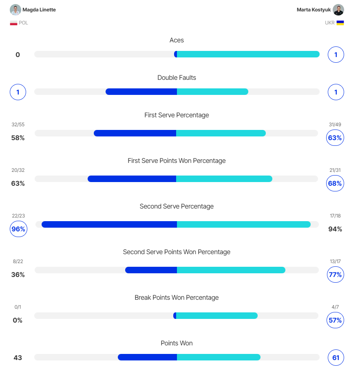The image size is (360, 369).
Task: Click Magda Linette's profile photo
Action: pyautogui.click(x=15, y=10)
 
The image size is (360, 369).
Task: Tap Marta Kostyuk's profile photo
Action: pyautogui.click(x=338, y=10)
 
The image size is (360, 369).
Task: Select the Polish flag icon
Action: pyautogui.click(x=13, y=23)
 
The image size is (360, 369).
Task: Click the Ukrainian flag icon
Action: pyautogui.click(x=340, y=23)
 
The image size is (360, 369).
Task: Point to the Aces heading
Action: pyautogui.click(x=177, y=40)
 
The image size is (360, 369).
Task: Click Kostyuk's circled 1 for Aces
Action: pyautogui.click(x=336, y=55)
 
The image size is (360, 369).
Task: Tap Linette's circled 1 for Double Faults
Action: pyautogui.click(x=18, y=92)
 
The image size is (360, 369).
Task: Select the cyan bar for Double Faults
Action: pyautogui.click(x=212, y=92)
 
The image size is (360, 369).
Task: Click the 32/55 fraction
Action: pyautogui.click(x=18, y=125)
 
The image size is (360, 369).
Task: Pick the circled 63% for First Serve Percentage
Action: pyautogui.click(x=335, y=138)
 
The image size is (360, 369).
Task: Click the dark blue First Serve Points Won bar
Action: pyautogui.click(x=132, y=179)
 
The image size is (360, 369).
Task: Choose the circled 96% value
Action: pyautogui.click(x=18, y=229)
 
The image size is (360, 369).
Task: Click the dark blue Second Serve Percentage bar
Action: pyautogui.click(x=109, y=224)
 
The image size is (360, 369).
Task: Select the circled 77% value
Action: pyautogui.click(x=335, y=275)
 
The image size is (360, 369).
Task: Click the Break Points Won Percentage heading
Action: pyautogui.click(x=177, y=298)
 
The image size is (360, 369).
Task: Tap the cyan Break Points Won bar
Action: pyautogui.click(x=216, y=316)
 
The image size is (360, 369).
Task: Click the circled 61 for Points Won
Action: pyautogui.click(x=336, y=358)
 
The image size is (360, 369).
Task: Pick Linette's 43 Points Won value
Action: pyautogui.click(x=18, y=358)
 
